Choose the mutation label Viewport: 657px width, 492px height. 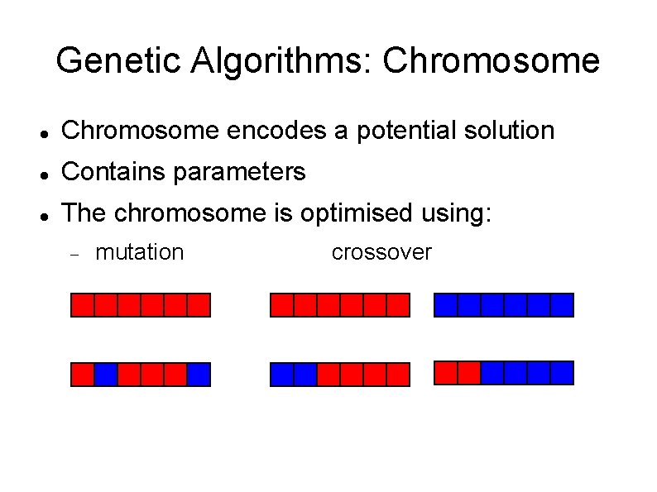(x=140, y=252)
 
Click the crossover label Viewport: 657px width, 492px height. (x=381, y=252)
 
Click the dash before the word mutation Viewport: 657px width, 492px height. (x=74, y=254)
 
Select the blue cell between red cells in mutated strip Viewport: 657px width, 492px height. (x=105, y=375)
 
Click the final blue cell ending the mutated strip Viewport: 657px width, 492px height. (x=199, y=375)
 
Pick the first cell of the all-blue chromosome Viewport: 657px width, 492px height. (x=446, y=305)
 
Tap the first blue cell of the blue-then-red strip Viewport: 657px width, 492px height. (x=282, y=375)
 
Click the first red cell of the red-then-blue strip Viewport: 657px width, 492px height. (x=446, y=373)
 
